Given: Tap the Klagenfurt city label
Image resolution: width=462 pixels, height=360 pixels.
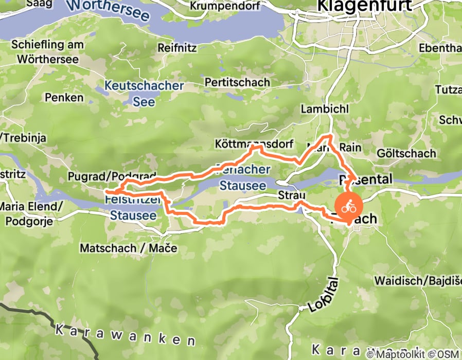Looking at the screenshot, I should pos(365,6).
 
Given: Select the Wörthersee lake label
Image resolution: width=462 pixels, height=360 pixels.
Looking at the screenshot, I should pos(109,9).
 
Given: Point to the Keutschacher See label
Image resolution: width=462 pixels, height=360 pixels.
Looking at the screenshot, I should pos(144,93).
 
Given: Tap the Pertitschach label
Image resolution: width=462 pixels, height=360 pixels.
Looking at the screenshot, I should pos(237,82).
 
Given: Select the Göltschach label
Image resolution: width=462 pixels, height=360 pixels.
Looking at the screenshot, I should pos(406,153).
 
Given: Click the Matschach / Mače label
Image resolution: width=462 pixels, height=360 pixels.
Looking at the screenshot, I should pos(128,248).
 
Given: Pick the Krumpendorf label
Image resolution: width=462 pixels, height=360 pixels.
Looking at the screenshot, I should pos(224,6).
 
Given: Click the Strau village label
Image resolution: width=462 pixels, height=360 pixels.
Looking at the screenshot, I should pos(292,195).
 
